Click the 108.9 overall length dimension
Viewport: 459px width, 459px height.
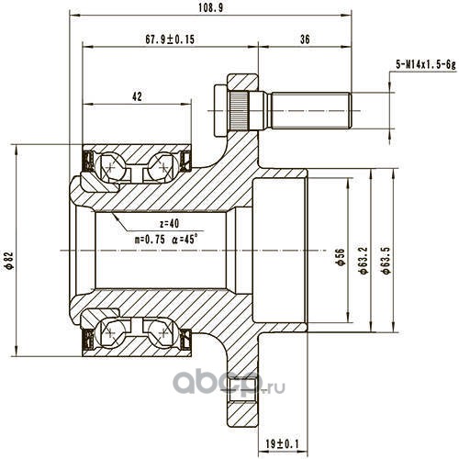pos(211,8)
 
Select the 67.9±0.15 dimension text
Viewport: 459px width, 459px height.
pos(170,39)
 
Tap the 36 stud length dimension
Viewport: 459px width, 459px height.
pos(305,39)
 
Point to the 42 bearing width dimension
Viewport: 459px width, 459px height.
pos(137,96)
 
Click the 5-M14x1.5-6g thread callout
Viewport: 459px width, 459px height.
pos(426,64)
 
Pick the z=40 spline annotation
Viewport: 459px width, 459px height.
pos(170,224)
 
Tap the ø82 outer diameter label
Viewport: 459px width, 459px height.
pos(9,260)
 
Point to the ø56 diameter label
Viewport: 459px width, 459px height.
pos(341,257)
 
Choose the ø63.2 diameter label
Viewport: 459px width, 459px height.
pos(364,259)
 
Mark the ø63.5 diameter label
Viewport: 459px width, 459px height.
pos(386,259)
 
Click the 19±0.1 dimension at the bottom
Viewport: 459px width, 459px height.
pos(282,443)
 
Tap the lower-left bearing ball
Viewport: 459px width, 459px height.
pos(110,332)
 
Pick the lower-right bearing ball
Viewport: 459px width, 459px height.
pos(163,332)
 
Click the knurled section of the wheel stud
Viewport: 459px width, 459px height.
pos(240,111)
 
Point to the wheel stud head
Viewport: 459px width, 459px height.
pos(220,111)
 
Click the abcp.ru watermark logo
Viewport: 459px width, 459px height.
pos(229,383)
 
